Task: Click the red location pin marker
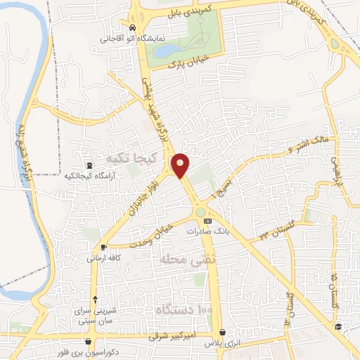(181, 166)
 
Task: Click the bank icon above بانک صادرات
(206, 221)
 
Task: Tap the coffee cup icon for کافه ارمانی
(104, 247)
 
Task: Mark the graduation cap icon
(338, 326)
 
